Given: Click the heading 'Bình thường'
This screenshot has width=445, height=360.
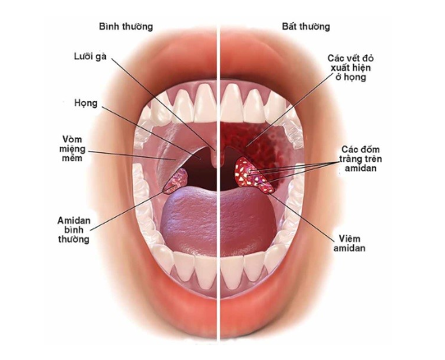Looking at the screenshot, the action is (x=126, y=26).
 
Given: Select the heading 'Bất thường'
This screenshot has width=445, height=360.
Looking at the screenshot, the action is (x=306, y=26).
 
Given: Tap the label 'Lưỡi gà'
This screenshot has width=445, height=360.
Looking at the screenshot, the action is (x=90, y=57).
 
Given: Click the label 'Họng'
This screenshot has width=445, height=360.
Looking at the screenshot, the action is (x=85, y=104).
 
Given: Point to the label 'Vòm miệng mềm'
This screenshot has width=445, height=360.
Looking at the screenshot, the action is (x=74, y=149).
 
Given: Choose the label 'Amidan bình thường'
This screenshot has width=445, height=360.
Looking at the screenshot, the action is (x=74, y=229).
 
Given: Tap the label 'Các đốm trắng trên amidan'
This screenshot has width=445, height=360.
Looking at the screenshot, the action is (x=360, y=159).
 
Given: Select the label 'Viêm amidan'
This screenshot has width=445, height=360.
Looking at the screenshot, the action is (x=350, y=243).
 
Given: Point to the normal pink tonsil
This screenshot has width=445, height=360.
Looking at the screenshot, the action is (x=177, y=181).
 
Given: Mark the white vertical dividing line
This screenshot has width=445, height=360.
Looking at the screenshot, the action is (x=218, y=182).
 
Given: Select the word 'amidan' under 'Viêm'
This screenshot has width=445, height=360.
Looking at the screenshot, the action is (x=350, y=248).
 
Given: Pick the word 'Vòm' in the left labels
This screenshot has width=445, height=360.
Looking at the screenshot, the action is (x=72, y=139).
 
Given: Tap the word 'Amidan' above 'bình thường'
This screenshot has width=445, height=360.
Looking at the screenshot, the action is (x=74, y=220).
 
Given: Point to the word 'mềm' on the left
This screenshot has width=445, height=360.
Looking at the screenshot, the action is (x=72, y=158).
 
